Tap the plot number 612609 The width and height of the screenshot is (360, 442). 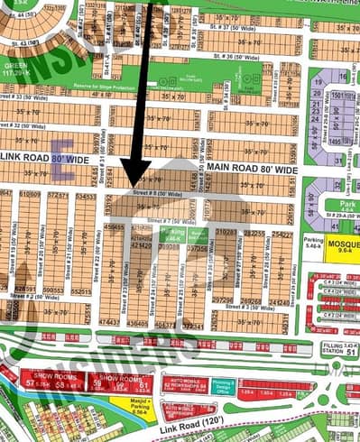31,194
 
